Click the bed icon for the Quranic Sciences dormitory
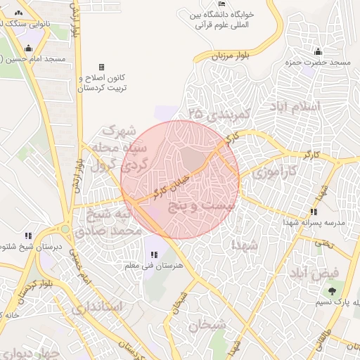click(x=222, y=5)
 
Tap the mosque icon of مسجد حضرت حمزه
click(x=318, y=51)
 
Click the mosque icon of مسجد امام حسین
click(x=27, y=49)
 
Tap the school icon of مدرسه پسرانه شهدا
click(x=313, y=212)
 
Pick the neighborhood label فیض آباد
click(x=314, y=272)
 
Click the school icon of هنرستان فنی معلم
click(x=154, y=255)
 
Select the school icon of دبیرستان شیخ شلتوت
click(x=27, y=236)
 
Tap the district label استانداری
click(x=98, y=307)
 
